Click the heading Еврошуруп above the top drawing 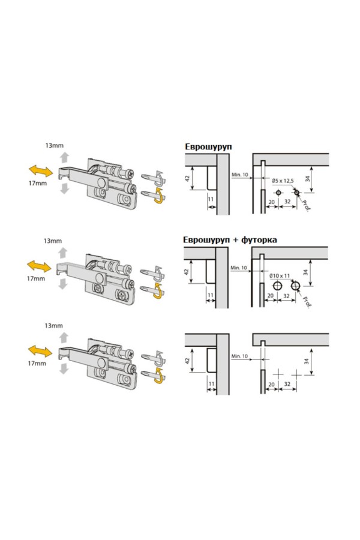(x=208, y=147)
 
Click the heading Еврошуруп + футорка (x=230, y=239)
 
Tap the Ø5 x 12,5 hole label (x=283, y=181)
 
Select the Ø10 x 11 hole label (x=280, y=275)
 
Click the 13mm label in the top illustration (x=55, y=145)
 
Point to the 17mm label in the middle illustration (x=36, y=278)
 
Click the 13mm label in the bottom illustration (x=54, y=325)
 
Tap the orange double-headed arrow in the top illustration (x=40, y=171)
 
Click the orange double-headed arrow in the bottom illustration (x=40, y=352)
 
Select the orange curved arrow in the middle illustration (x=158, y=292)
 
